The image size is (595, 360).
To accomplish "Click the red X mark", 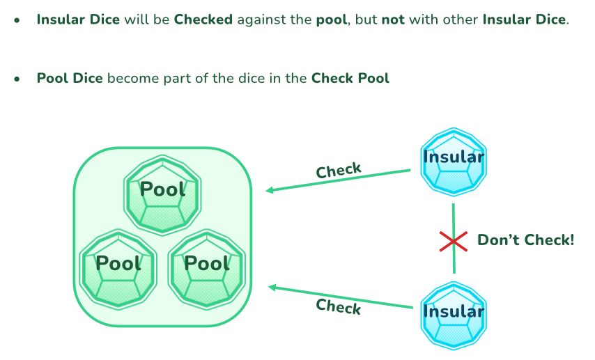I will [453, 241].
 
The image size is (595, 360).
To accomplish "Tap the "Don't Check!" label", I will [526, 241].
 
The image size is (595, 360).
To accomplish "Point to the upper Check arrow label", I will [339, 170].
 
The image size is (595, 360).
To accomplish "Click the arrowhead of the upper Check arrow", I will [269, 190].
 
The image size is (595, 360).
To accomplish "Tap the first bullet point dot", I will [17, 20].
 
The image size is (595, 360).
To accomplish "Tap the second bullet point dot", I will [17, 79].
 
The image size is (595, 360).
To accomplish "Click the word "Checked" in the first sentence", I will [203, 19].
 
